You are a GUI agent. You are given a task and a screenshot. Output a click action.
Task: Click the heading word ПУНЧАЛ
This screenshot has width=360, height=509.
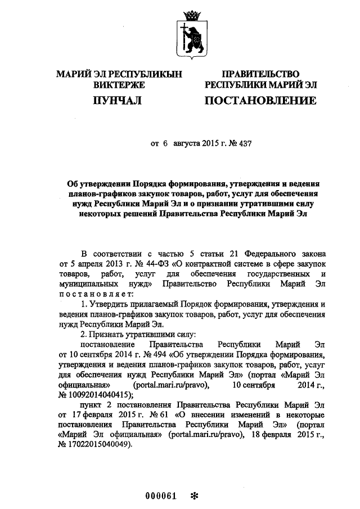(x=117, y=101)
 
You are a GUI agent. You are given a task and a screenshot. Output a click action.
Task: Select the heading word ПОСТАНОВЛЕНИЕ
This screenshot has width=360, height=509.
(x=260, y=101)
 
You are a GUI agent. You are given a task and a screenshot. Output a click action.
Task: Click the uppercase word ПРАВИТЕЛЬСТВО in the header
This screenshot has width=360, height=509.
(x=260, y=74)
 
